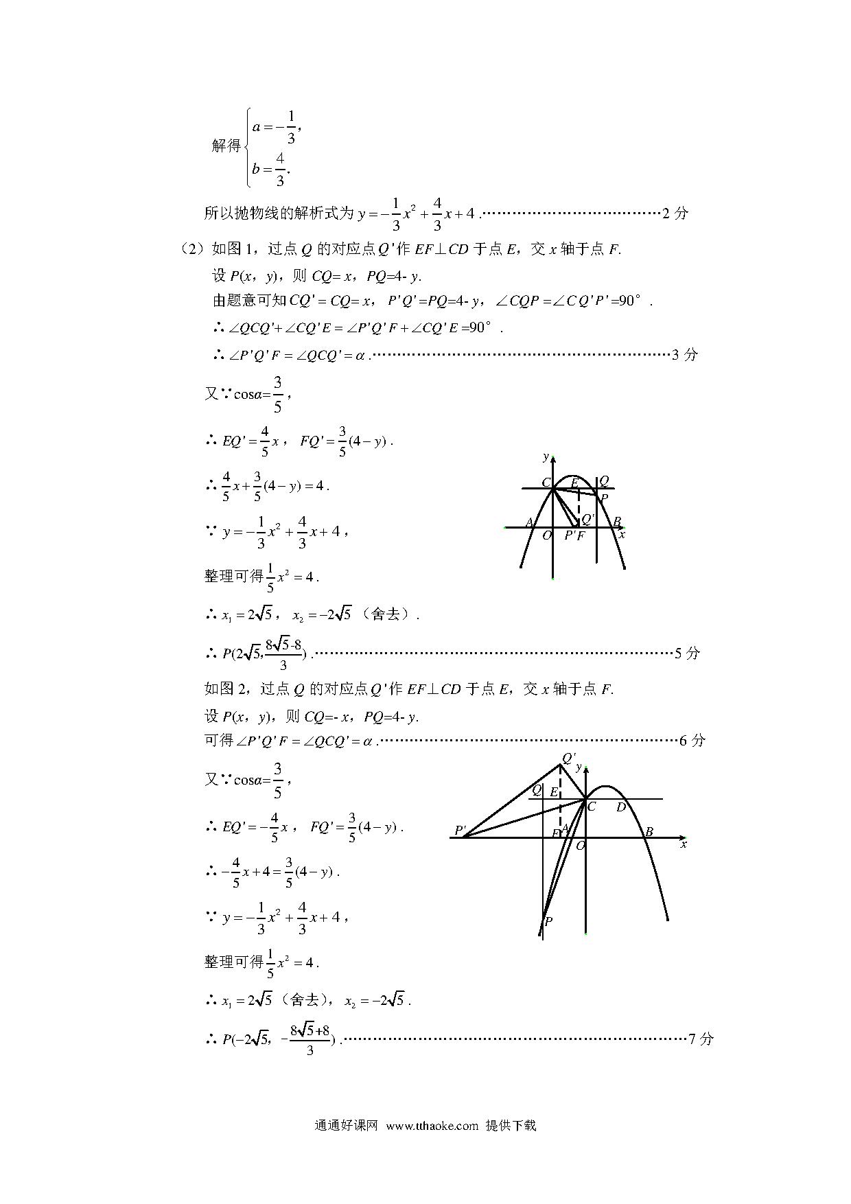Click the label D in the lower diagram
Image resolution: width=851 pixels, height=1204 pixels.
(620, 807)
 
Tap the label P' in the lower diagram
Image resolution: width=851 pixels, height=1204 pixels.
(461, 831)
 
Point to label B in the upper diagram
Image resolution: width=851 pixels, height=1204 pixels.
(617, 522)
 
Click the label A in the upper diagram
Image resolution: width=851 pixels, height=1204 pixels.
(529, 523)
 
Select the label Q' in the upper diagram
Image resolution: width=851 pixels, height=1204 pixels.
(587, 519)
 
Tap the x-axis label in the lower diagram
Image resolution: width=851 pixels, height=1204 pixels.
(684, 844)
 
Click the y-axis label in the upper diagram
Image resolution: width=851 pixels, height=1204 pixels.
(546, 457)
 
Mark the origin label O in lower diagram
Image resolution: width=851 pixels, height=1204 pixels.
(580, 846)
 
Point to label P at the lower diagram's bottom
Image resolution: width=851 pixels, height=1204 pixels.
(548, 922)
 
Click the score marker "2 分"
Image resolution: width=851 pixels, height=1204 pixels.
(675, 213)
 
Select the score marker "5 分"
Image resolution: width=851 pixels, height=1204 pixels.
(687, 653)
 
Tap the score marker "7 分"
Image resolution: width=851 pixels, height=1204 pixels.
(701, 1039)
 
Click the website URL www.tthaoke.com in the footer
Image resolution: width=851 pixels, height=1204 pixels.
(432, 1126)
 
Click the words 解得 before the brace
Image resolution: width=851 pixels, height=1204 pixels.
(226, 146)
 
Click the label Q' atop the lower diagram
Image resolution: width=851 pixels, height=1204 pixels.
(568, 758)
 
